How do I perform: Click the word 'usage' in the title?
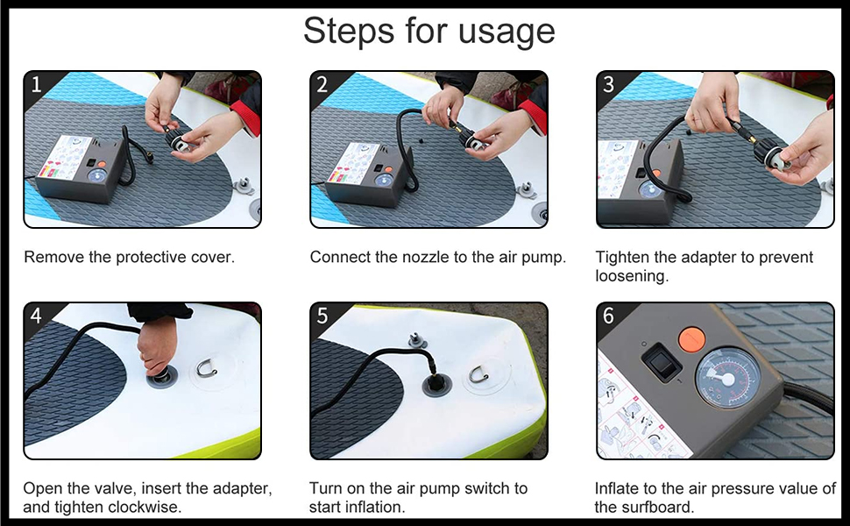(x=506, y=32)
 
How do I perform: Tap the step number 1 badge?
(x=36, y=84)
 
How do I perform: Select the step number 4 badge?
(x=36, y=316)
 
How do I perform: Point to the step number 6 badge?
(x=608, y=316)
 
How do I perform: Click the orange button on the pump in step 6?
(x=691, y=338)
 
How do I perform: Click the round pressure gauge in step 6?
(x=727, y=378)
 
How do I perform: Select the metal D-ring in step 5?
(x=479, y=374)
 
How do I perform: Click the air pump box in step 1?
(x=81, y=169)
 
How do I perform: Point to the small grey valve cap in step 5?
(x=417, y=340)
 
